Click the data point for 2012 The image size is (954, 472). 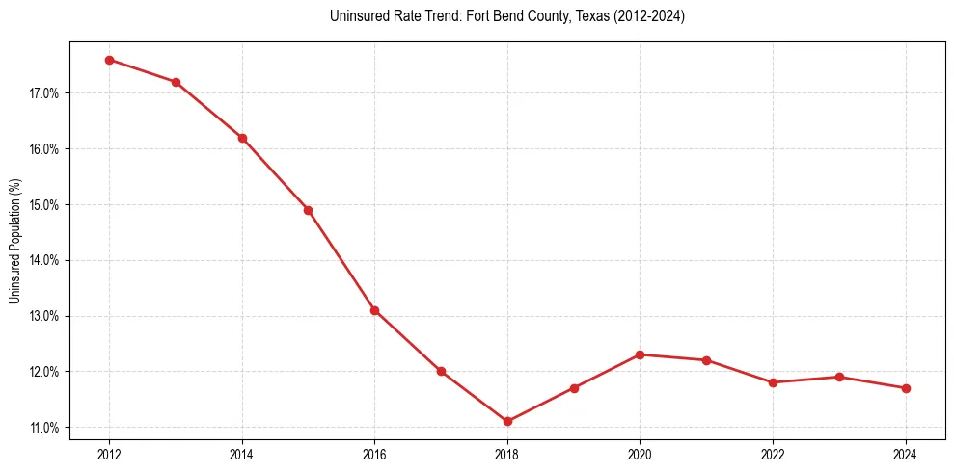tap(109, 60)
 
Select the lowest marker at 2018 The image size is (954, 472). tap(507, 421)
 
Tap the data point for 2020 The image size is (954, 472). tap(640, 354)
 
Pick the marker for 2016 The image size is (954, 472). tap(374, 310)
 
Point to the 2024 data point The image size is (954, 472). tap(906, 388)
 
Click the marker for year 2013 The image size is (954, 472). tap(176, 82)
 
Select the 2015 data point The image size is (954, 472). tap(308, 210)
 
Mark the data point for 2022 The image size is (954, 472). tap(773, 382)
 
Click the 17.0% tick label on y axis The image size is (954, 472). tap(44, 93)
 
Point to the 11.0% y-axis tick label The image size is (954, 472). tap(44, 427)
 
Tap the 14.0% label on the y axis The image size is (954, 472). tap(44, 260)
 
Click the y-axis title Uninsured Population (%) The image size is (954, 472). tap(14, 241)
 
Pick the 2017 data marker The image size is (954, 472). tap(441, 371)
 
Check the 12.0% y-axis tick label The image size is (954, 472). tap(44, 371)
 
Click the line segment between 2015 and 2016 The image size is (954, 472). tap(341, 260)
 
